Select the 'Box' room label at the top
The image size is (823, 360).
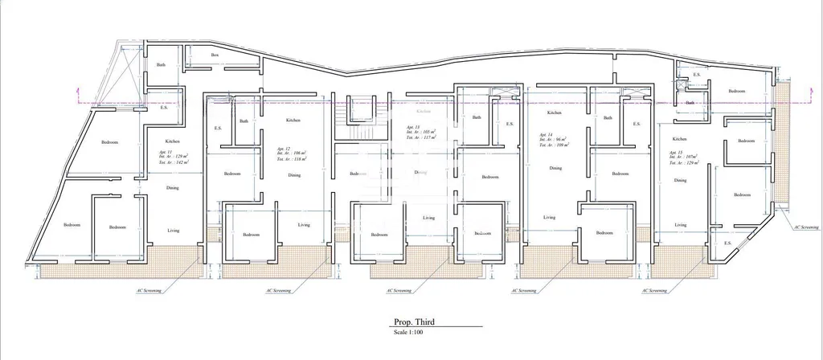(x=215, y=55)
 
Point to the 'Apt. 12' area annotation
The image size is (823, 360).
(x=289, y=154)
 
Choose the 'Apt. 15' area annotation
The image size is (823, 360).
(x=683, y=157)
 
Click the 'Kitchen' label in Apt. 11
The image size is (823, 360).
(x=173, y=141)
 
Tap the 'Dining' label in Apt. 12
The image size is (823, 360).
(x=295, y=174)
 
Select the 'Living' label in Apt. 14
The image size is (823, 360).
(x=549, y=217)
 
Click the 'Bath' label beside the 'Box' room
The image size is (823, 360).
(x=161, y=65)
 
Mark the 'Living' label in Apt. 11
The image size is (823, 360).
(x=173, y=231)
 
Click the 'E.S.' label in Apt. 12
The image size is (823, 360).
(x=217, y=128)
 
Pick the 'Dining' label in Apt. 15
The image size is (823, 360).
(x=681, y=181)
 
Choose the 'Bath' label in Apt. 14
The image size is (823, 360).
(x=608, y=118)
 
